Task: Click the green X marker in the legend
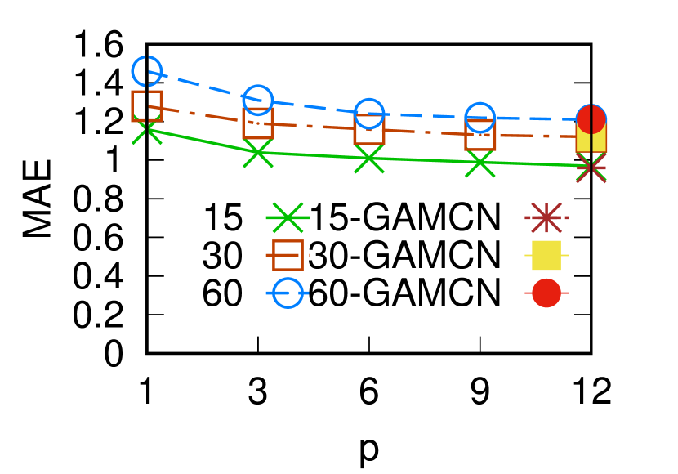[x=288, y=217]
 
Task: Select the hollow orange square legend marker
[x=288, y=255]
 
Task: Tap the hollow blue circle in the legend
[x=288, y=293]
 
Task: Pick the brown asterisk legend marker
[x=546, y=217]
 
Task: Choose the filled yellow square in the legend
[x=546, y=255]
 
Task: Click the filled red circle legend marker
[x=546, y=293]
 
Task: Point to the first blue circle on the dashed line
[x=147, y=71]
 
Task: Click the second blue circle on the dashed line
[x=258, y=101]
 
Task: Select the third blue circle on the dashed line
[x=369, y=114]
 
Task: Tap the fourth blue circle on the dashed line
[x=480, y=118]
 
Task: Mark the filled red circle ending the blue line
[x=591, y=119]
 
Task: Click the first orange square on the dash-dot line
[x=147, y=105]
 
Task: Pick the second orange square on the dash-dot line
[x=258, y=123]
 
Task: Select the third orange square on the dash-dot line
[x=369, y=129]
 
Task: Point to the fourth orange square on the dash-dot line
[x=480, y=134]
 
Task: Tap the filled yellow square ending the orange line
[x=591, y=137]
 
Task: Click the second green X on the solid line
[x=258, y=153]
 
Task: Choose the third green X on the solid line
[x=369, y=159]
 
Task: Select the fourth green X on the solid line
[x=480, y=163]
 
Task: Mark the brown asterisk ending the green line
[x=591, y=168]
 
